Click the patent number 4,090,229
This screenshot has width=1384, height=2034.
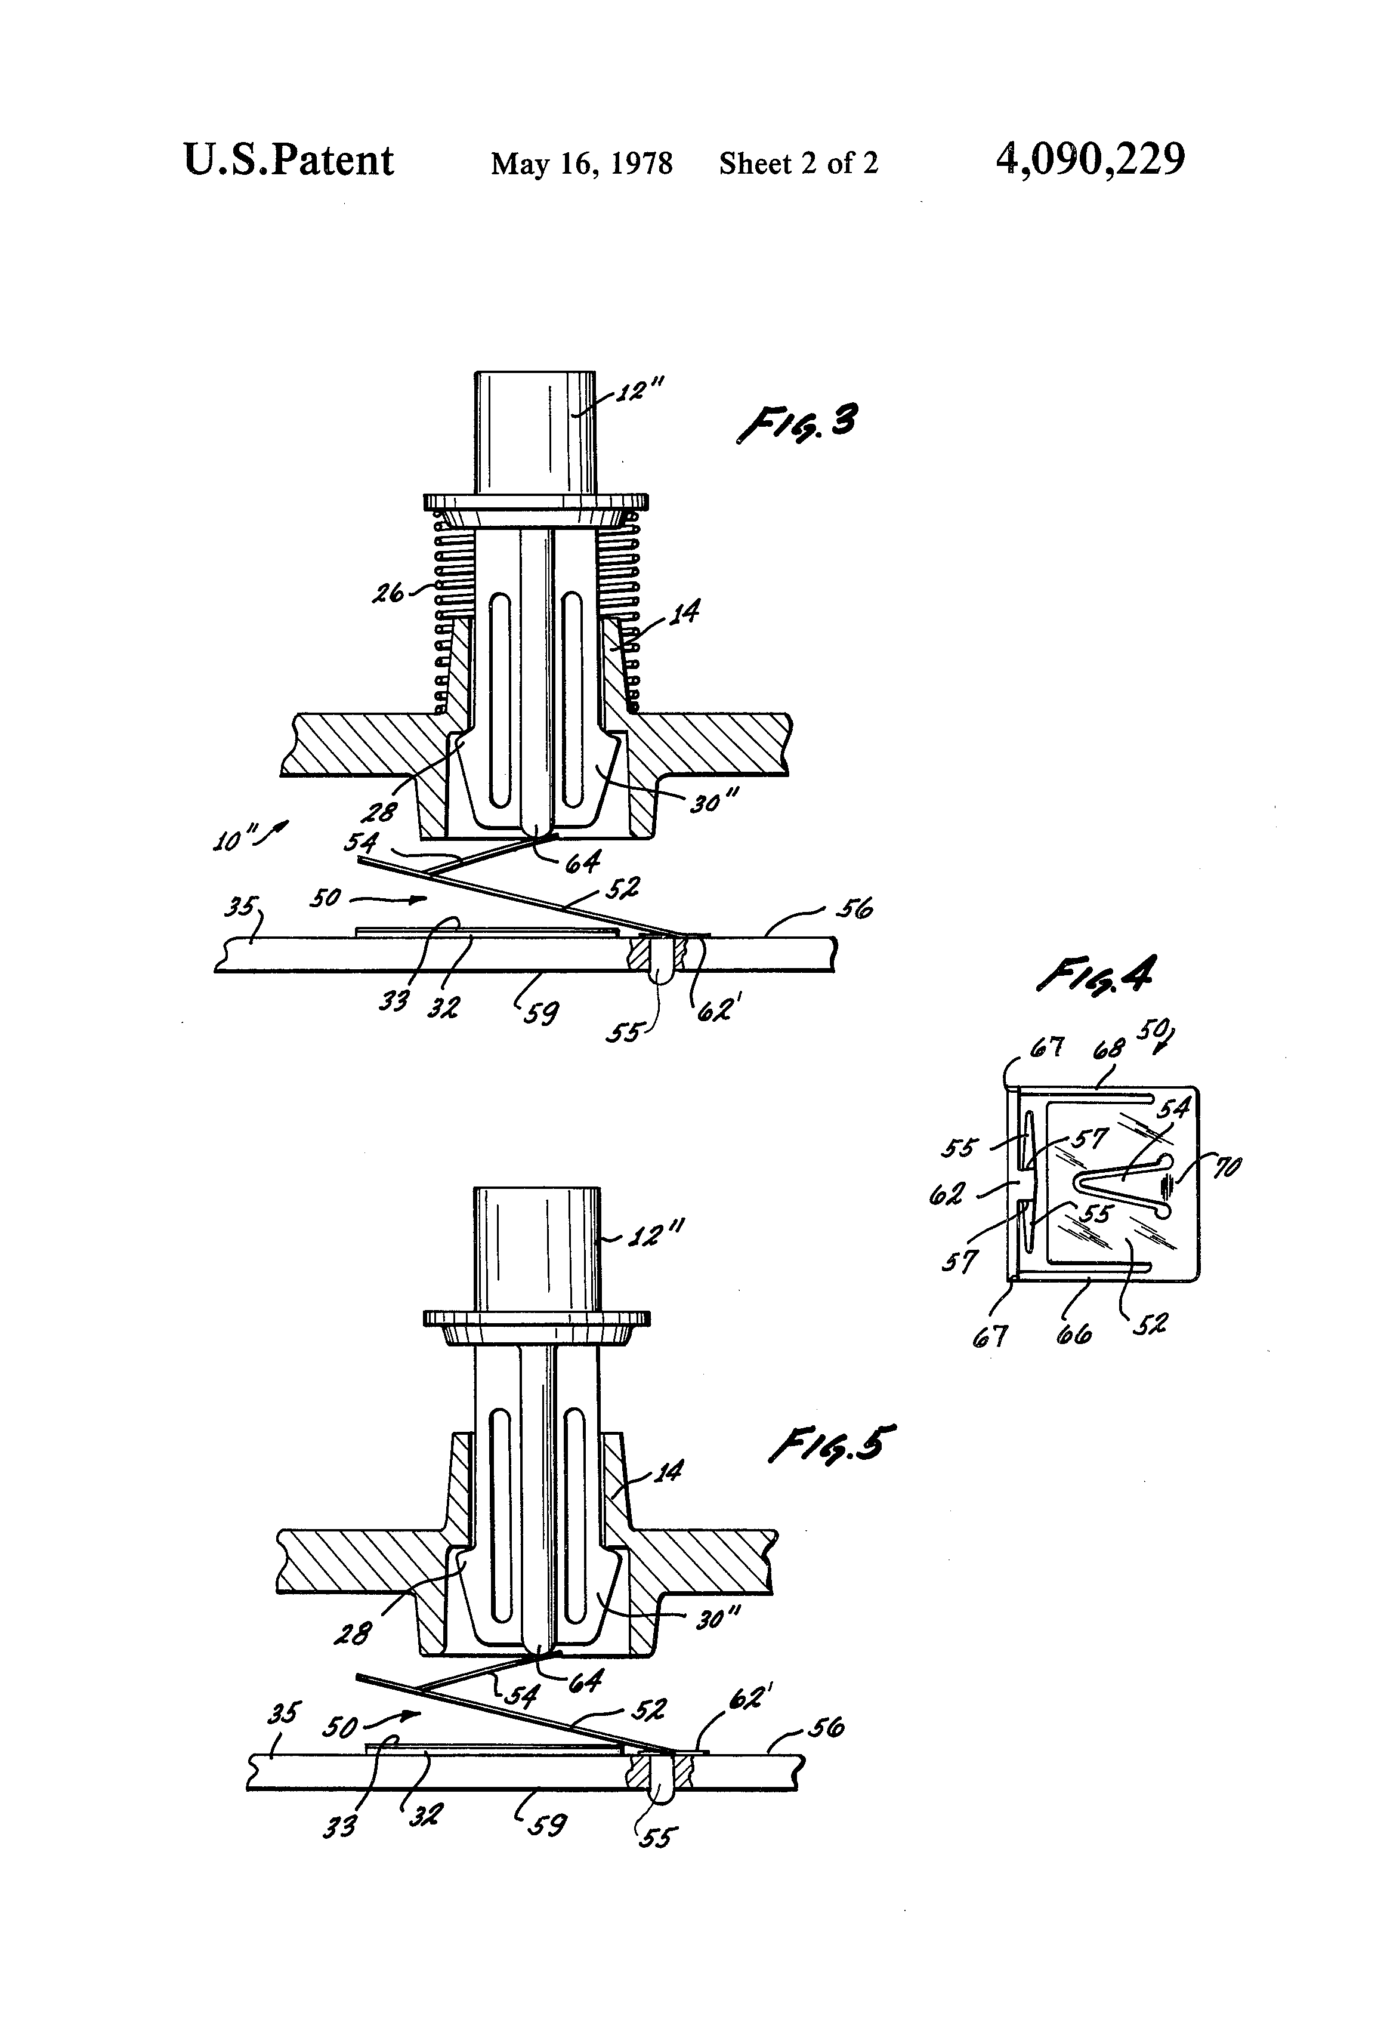[x=1090, y=160]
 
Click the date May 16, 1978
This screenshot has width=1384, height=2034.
[x=582, y=164]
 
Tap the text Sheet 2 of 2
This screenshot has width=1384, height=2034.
[x=798, y=164]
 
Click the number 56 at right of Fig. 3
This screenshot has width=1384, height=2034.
[x=854, y=910]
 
